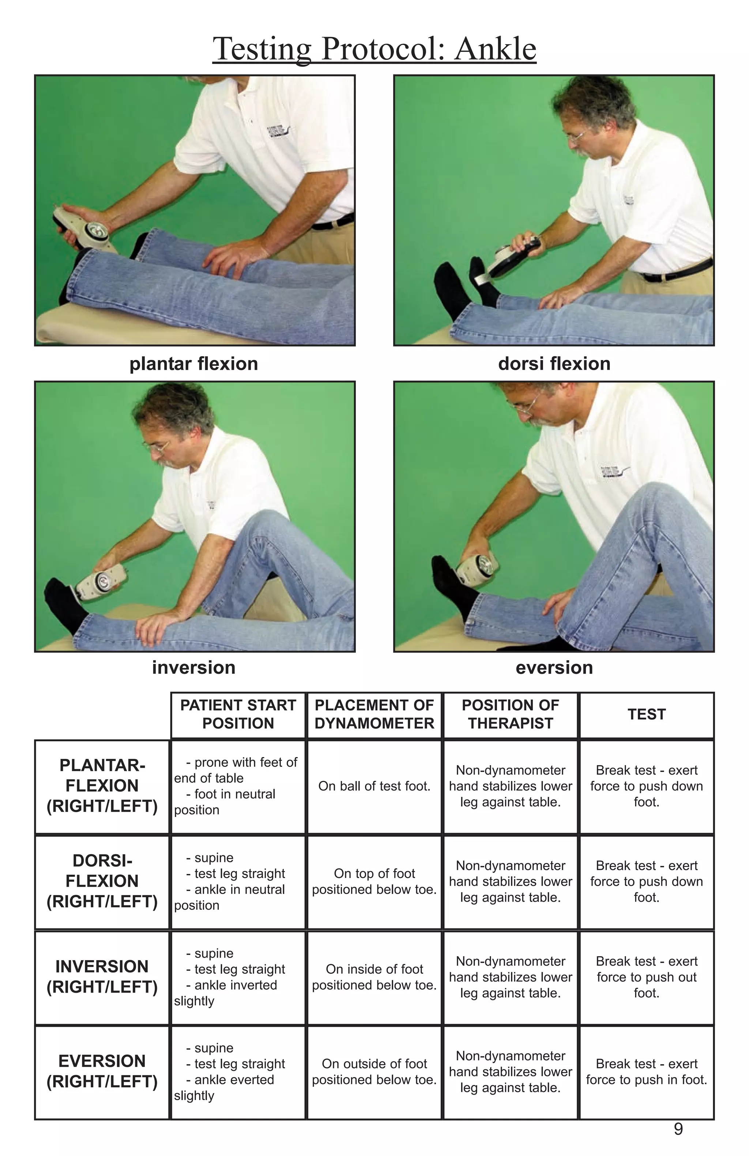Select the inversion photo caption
point(193,668)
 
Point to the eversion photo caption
point(554,668)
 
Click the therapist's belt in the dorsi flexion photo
point(678,270)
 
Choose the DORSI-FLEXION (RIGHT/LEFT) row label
point(102,881)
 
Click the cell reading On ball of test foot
point(374,786)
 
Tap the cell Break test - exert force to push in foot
point(647,1072)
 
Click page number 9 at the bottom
point(678,1129)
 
